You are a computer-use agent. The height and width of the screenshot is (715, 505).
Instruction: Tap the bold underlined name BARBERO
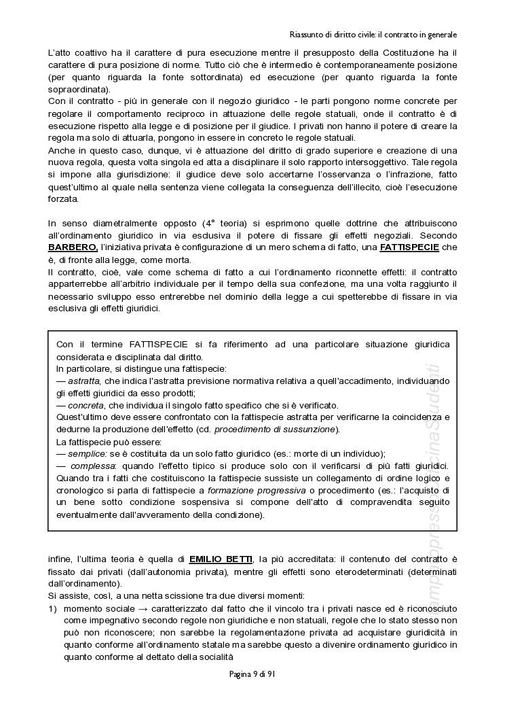point(73,247)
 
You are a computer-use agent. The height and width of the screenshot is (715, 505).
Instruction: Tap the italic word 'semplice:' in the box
point(92,454)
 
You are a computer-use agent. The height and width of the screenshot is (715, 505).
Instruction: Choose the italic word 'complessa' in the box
point(92,466)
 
